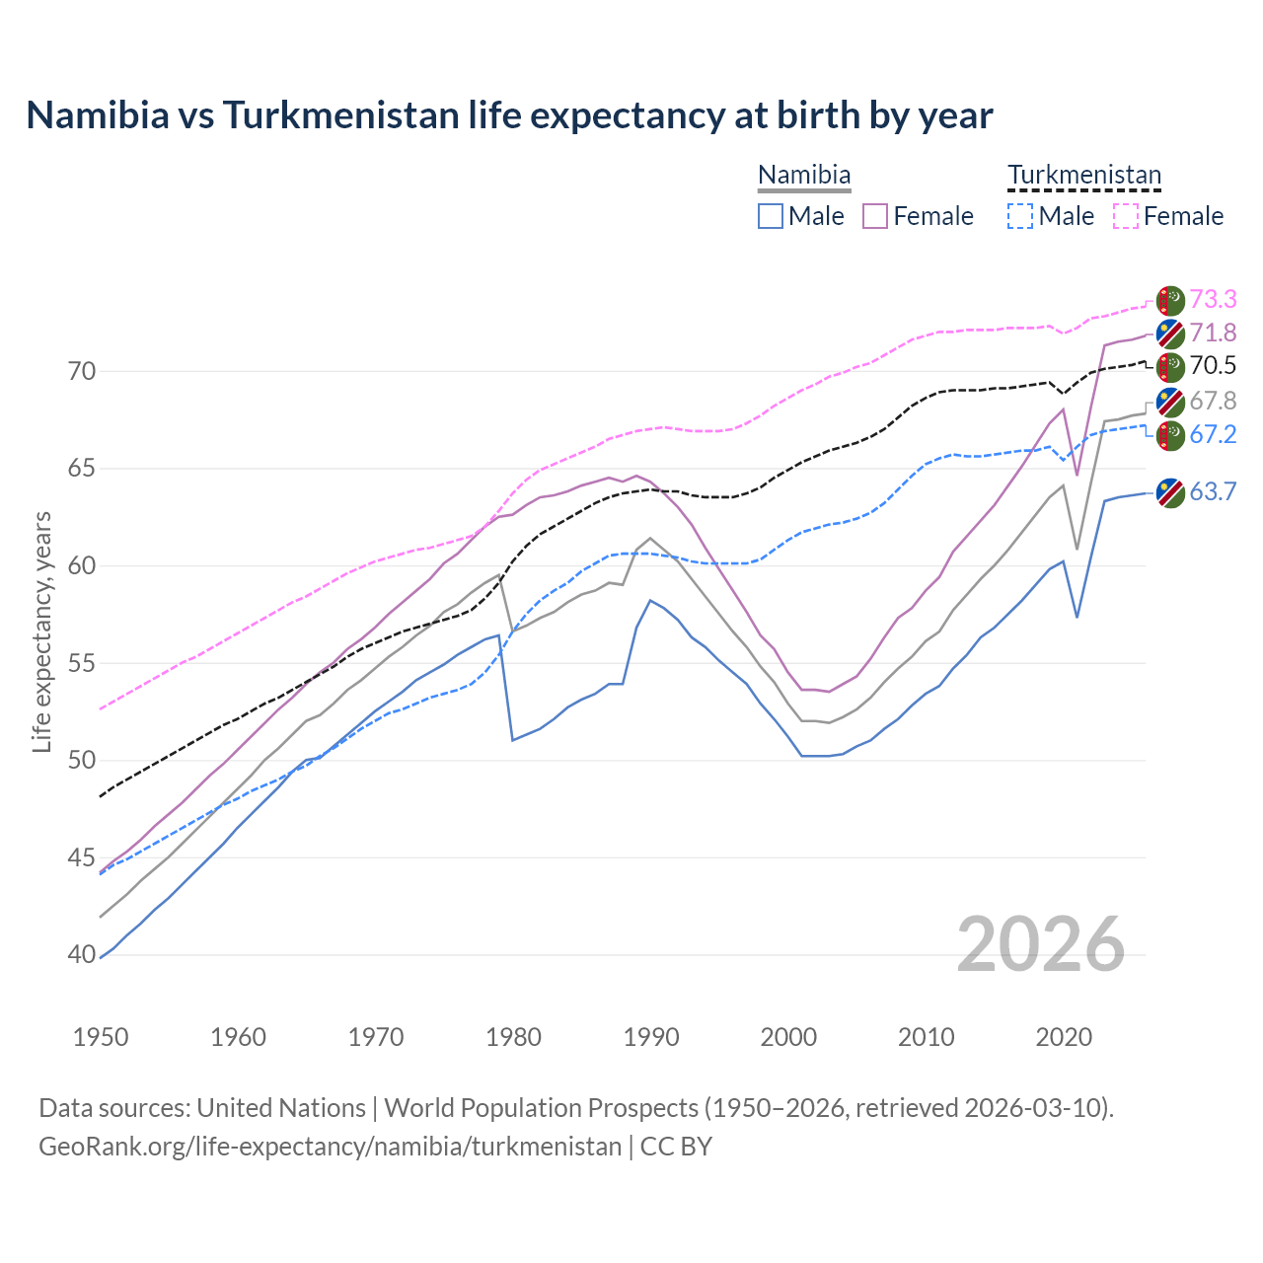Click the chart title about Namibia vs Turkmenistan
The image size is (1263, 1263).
click(509, 115)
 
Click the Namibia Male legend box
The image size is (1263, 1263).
click(771, 216)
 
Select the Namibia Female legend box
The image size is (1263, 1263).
click(875, 216)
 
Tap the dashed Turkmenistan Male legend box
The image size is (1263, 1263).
click(1020, 216)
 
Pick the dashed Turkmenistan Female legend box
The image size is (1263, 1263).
click(1125, 216)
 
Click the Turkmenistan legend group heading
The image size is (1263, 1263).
click(1083, 176)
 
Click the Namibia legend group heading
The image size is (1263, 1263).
click(804, 176)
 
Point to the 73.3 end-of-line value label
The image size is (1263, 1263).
click(1213, 299)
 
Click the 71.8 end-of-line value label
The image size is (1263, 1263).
click(1213, 333)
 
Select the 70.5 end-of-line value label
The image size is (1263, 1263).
click(1213, 366)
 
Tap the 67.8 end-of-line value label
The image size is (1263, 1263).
click(1213, 401)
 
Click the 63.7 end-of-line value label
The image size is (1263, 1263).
click(1213, 491)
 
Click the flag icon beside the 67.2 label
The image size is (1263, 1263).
click(1170, 435)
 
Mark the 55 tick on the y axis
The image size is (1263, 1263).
click(82, 663)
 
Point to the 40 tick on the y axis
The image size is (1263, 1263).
click(82, 955)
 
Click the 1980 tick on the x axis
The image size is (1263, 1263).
click(514, 1037)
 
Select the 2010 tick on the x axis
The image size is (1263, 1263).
click(927, 1037)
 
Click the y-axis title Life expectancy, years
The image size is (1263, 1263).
click(42, 631)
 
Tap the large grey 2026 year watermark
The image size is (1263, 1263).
click(1041, 945)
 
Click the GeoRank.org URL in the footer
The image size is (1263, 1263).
click(330, 1147)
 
